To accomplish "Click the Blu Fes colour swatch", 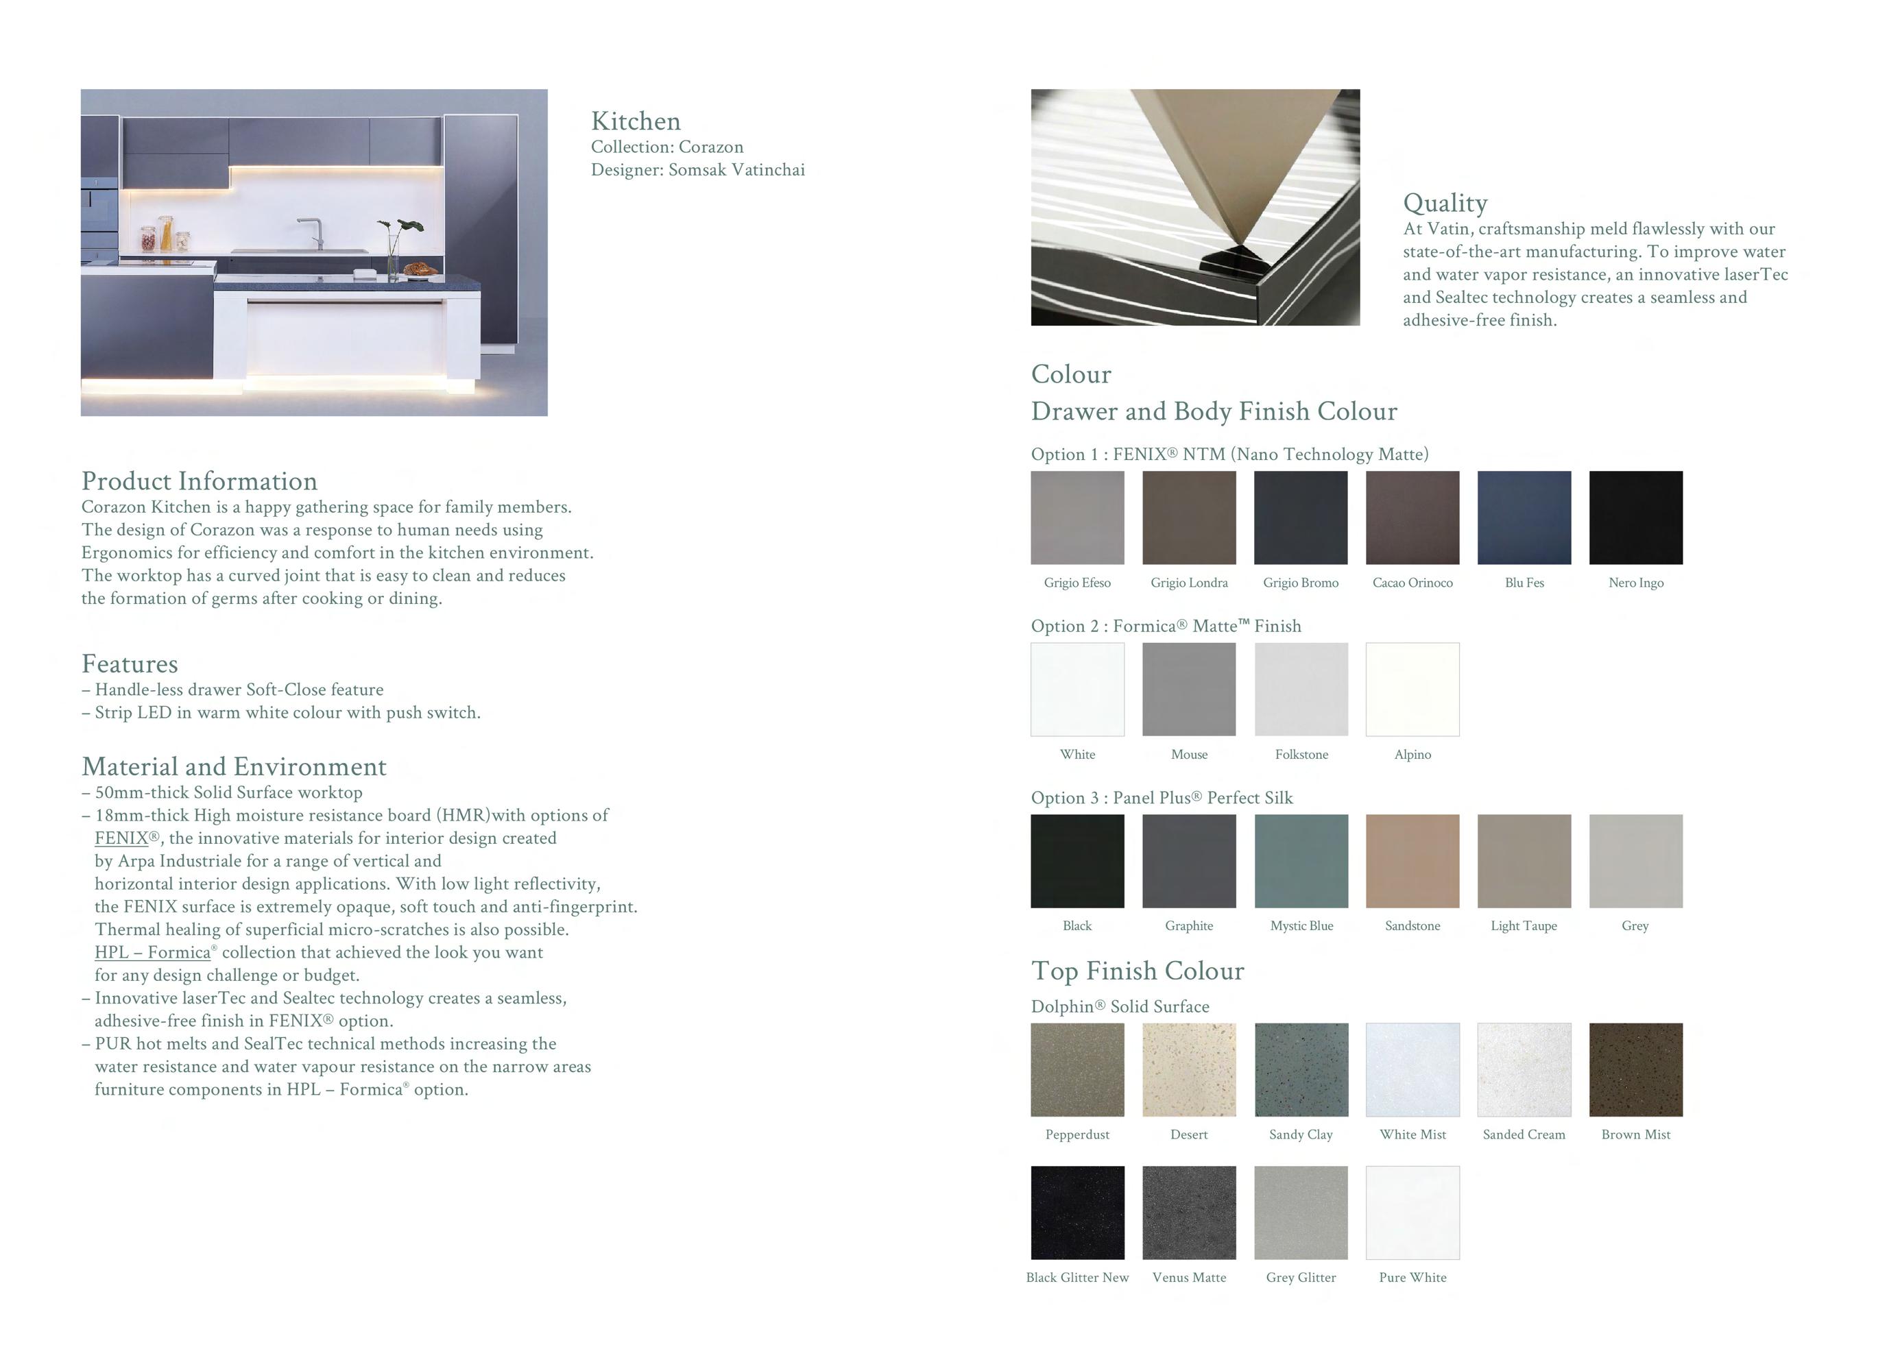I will coord(1524,518).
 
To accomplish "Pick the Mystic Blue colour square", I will coord(1301,860).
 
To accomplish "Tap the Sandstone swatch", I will coord(1412,860).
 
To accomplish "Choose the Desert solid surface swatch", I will coord(1189,1069).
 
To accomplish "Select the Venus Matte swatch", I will coord(1189,1212).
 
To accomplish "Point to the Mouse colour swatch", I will coord(1189,689).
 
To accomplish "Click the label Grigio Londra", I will coord(1189,583).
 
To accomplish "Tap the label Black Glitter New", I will coord(1077,1278).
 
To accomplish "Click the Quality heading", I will coord(1445,203).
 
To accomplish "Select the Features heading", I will coord(130,664).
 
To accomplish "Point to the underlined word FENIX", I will coord(121,838).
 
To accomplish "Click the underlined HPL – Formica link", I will coord(153,953).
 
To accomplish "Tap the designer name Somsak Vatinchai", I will coord(736,170).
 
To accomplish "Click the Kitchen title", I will coord(636,121).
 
